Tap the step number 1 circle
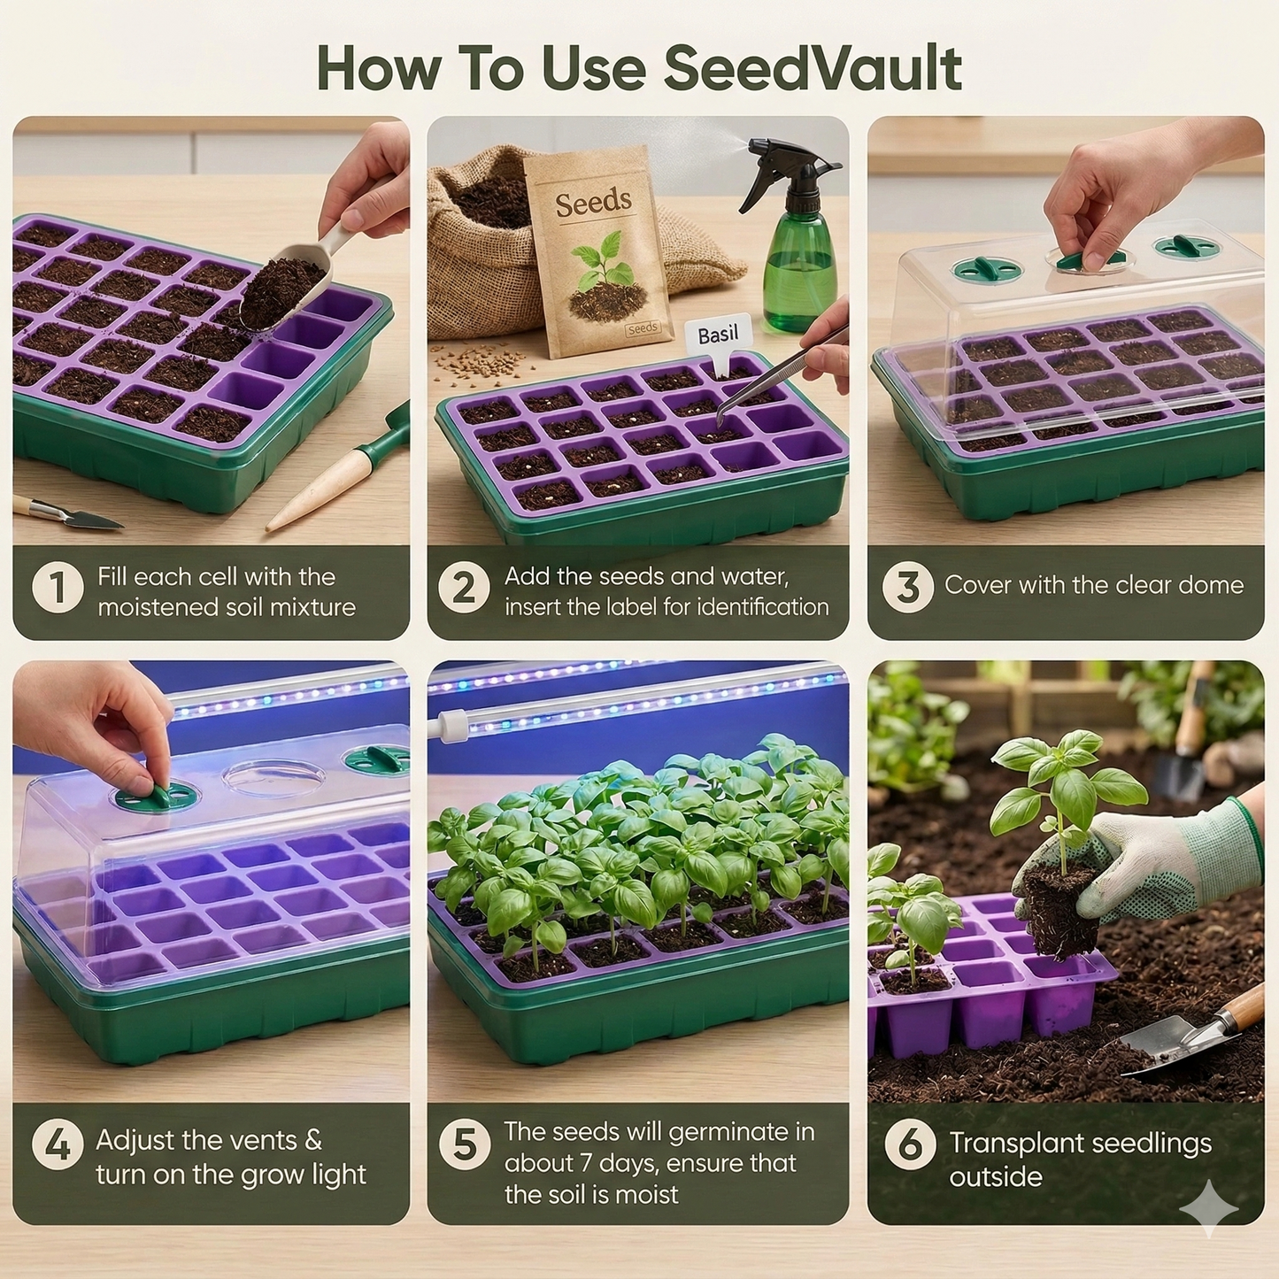click(x=57, y=589)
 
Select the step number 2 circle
click(x=464, y=589)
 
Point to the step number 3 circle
click(x=907, y=587)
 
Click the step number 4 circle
click(x=58, y=1144)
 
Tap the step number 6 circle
click(x=910, y=1144)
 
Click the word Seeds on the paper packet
click(x=593, y=203)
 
